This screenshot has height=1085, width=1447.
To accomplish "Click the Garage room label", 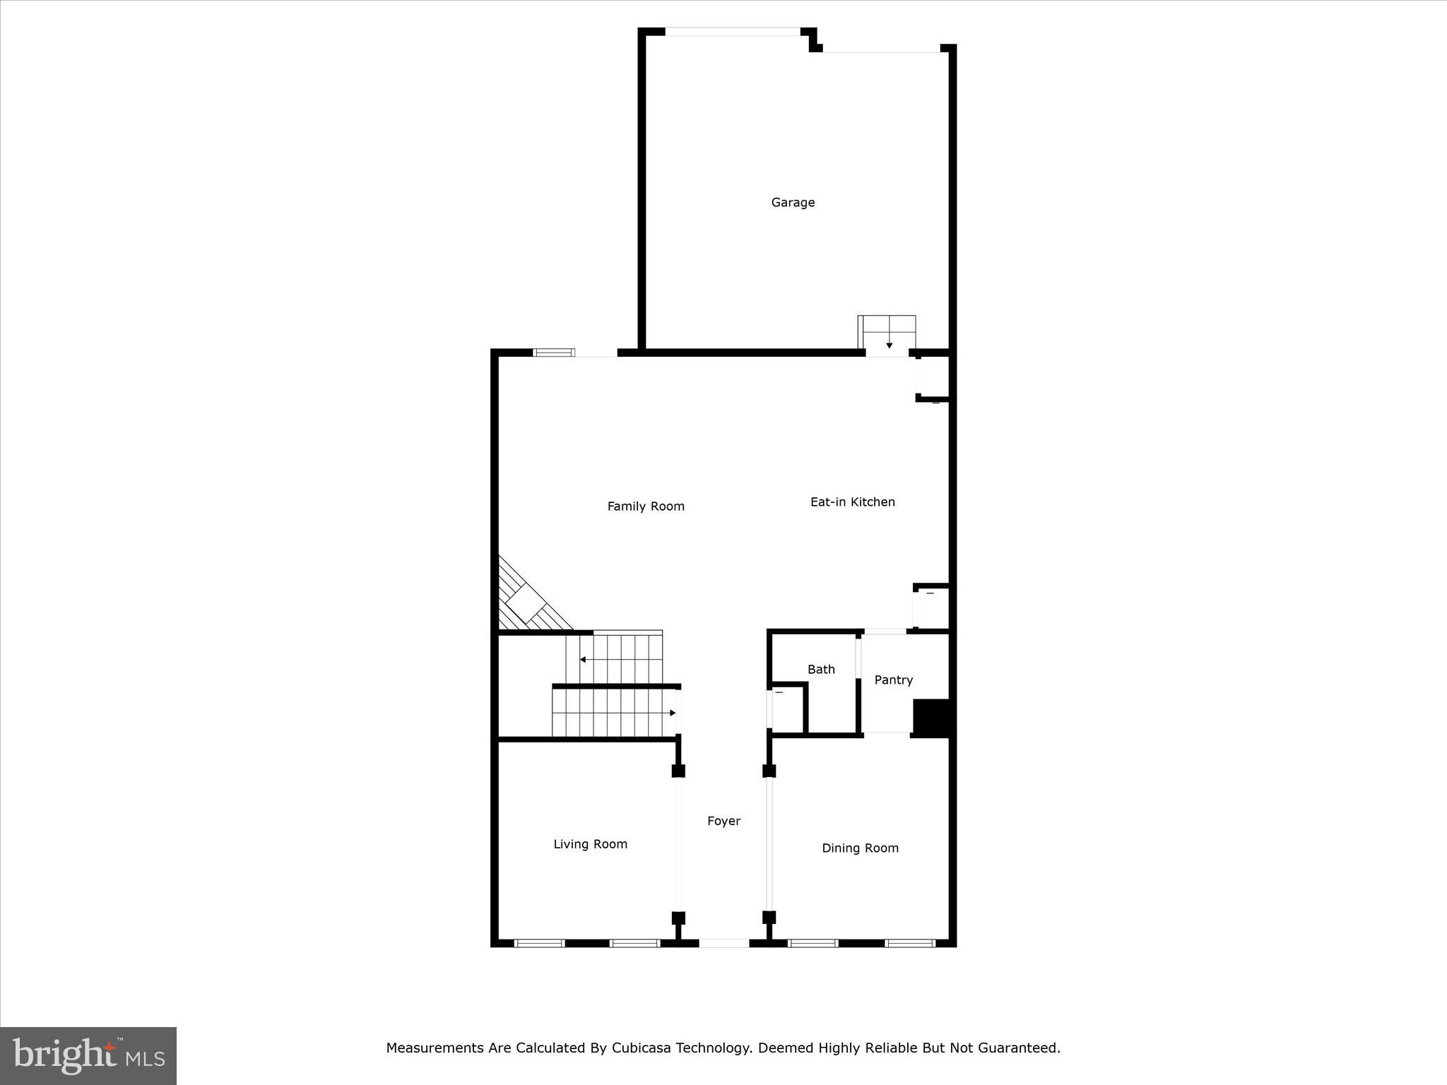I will click(793, 203).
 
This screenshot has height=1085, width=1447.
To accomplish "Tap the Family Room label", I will click(646, 506).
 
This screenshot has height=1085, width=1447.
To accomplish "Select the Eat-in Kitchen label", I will click(852, 502).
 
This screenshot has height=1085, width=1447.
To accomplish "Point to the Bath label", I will click(821, 669).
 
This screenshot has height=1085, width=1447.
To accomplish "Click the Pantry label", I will click(893, 680).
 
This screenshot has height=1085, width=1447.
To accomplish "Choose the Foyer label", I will click(723, 821).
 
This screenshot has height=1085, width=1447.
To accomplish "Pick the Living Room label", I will click(590, 844).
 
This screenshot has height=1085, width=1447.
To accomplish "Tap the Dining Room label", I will click(860, 848).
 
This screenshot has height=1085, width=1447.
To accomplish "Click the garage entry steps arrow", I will click(889, 345).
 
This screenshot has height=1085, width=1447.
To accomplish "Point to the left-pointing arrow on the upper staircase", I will click(583, 660).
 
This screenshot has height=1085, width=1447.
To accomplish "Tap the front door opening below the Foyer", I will click(723, 942).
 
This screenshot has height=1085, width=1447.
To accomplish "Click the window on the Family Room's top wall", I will click(554, 352).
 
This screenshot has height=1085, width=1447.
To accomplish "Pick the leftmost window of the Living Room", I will click(539, 942).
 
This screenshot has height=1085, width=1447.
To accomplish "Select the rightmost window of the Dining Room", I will click(910, 942).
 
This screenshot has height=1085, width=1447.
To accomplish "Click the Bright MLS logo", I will click(88, 1055).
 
